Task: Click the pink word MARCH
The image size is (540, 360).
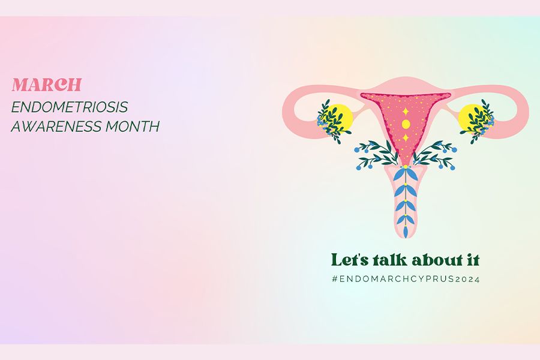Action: click(46, 85)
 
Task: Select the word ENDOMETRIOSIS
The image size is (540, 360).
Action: click(70, 107)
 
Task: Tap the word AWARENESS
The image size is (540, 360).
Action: click(56, 127)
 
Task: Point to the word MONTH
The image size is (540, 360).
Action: click(132, 127)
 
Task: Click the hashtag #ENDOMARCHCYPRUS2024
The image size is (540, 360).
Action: click(406, 279)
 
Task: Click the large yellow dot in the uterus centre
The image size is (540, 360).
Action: click(406, 124)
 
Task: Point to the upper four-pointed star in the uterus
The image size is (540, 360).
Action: click(406, 112)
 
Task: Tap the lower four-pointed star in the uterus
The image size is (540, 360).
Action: click(406, 138)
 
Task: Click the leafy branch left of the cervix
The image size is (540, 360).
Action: click(376, 154)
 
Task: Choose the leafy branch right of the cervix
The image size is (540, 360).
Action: click(436, 155)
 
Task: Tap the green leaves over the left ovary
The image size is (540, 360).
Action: click(331, 121)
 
